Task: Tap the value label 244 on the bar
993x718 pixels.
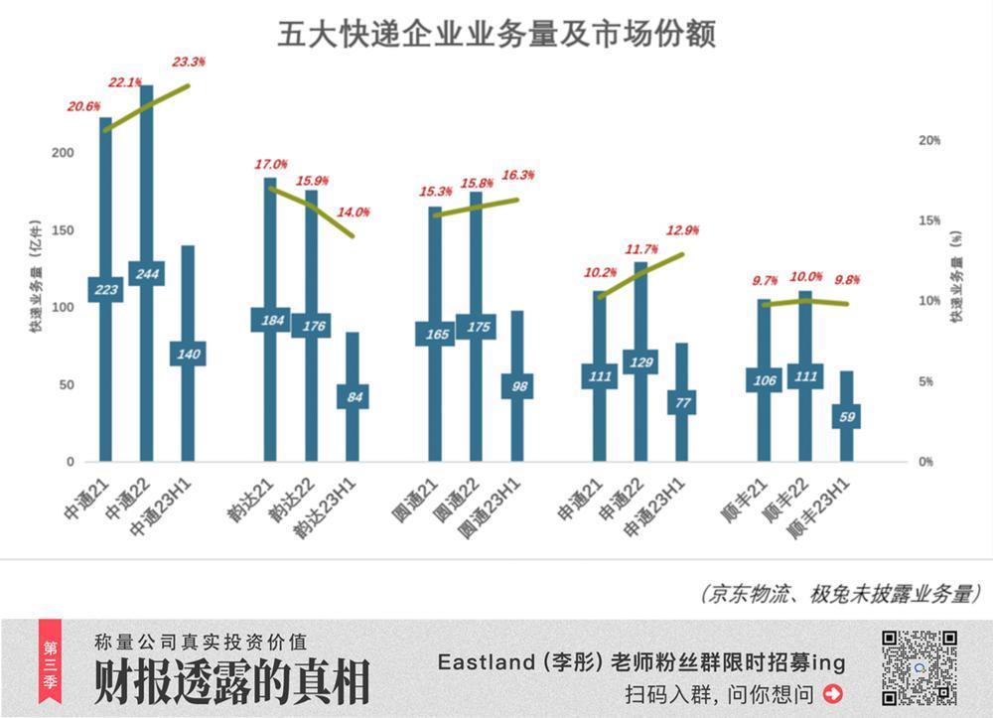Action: (146, 274)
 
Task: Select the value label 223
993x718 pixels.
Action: (105, 290)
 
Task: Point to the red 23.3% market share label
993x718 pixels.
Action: (189, 62)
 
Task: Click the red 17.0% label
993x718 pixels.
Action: (271, 164)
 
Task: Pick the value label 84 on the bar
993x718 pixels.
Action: (353, 397)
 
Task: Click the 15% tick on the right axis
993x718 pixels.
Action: (925, 220)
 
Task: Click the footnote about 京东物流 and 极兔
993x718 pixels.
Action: (839, 594)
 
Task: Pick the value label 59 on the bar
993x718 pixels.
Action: (846, 416)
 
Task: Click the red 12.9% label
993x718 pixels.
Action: (681, 230)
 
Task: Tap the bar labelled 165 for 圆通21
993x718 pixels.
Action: (435, 298)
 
